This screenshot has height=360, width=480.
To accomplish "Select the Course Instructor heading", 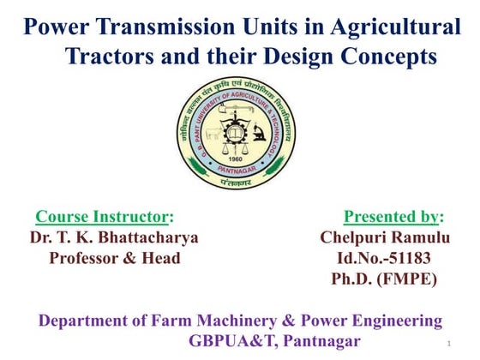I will pos(103,216).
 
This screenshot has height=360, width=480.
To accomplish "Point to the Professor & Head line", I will pos(115,257).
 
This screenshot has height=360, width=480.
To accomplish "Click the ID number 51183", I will pos(407,257).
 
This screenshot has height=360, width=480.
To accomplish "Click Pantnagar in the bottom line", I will pos(321,342).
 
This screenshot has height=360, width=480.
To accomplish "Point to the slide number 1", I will pos(448,344).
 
